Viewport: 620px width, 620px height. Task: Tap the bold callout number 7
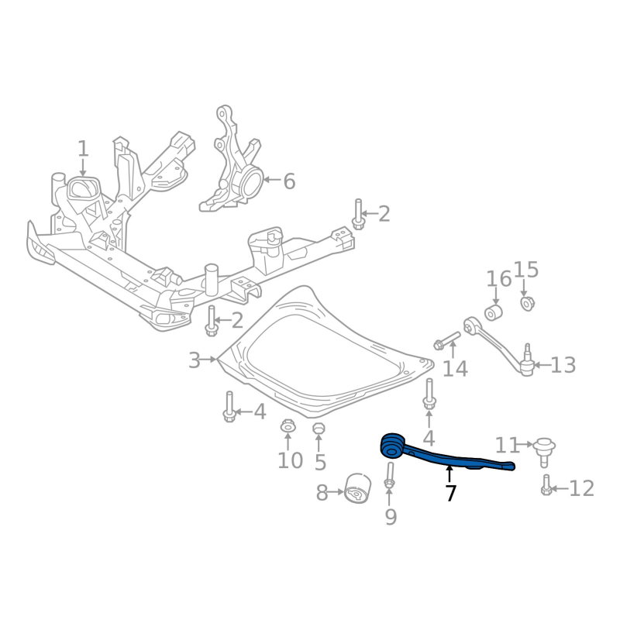[450, 493]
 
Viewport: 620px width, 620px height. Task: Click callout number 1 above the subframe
[83, 149]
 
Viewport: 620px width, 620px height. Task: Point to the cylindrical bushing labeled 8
[358, 488]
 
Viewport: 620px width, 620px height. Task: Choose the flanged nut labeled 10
[287, 426]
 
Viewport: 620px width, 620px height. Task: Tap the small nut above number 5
[319, 429]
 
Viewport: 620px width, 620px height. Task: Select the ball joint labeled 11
[544, 451]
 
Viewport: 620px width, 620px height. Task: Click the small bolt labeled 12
[546, 485]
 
